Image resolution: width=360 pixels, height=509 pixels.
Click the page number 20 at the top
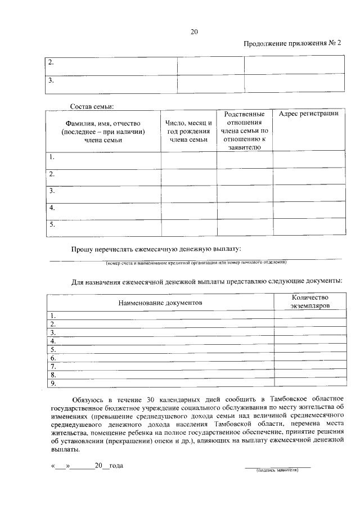click(x=193, y=32)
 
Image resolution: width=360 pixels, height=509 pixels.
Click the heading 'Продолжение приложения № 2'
click(x=292, y=43)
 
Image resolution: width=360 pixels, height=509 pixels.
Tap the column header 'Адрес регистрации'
click(x=308, y=114)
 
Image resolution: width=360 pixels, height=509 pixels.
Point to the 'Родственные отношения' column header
click(x=244, y=130)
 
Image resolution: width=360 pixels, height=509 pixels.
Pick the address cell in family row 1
click(x=308, y=159)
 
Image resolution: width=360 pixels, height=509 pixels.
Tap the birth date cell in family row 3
click(x=188, y=193)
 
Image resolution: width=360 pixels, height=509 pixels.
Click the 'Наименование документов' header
click(x=160, y=303)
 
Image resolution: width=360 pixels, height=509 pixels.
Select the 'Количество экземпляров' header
click(x=309, y=301)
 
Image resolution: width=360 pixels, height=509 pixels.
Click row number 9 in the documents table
click(x=53, y=384)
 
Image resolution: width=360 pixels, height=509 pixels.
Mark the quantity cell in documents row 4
click(x=309, y=341)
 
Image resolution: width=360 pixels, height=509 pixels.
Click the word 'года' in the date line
click(x=116, y=466)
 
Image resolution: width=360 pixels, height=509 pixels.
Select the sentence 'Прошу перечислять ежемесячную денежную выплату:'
click(x=156, y=249)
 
